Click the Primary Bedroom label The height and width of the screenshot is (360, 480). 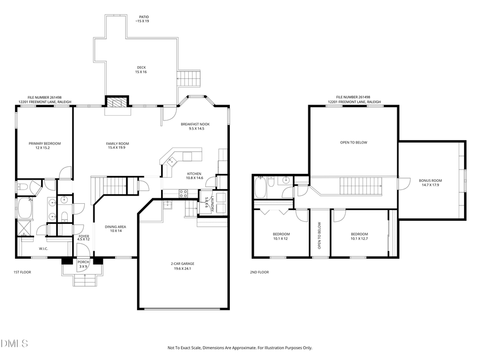point(45,146)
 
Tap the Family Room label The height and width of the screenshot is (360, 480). point(118,146)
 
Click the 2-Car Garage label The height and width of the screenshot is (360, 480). point(183,266)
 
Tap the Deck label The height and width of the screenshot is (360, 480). point(141,69)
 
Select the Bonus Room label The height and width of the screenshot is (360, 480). point(432,183)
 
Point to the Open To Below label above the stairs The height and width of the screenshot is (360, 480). point(354,142)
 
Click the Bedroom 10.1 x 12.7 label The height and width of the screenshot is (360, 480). point(359,236)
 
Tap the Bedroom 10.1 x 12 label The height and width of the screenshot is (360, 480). point(282,236)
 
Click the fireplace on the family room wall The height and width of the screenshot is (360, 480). point(117,102)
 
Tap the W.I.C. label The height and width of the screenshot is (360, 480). point(44,248)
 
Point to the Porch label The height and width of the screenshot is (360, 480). point(83,264)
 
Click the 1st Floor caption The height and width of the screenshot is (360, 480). point(22,273)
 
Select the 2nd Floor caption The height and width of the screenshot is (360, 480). point(259,273)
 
